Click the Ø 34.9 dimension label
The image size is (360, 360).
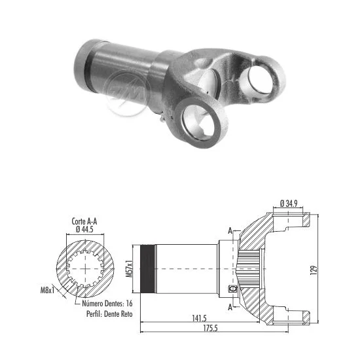[x=289, y=203]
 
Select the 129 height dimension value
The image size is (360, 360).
[x=314, y=270]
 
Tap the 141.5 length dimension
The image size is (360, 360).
[x=199, y=318]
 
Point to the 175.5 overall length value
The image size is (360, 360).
[x=210, y=329]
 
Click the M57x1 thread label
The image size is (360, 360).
[x=130, y=268]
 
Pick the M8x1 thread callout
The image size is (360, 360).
[x=48, y=290]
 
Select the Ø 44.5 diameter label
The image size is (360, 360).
[x=84, y=229]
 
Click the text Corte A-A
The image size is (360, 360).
[x=84, y=221]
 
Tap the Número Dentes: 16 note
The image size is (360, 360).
[x=107, y=303]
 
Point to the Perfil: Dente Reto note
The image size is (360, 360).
[x=109, y=314]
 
